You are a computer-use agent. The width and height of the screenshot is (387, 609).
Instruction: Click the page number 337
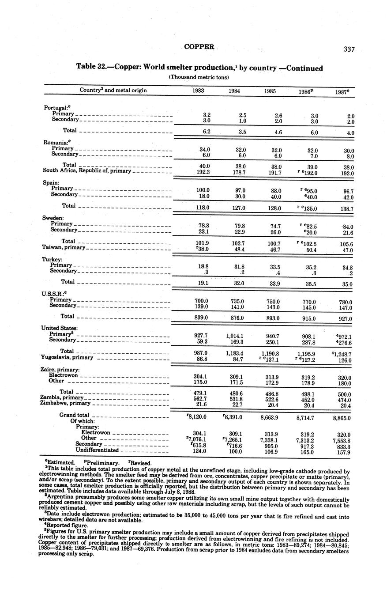(349, 49)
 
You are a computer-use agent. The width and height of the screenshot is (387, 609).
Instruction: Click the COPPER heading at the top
(199, 47)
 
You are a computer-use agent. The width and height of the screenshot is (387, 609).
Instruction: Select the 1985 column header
(271, 91)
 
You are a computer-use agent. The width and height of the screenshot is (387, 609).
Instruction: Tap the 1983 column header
(198, 91)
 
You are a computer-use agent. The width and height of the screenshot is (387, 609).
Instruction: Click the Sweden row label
(53, 218)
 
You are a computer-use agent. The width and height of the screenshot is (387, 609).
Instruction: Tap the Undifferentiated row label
(97, 450)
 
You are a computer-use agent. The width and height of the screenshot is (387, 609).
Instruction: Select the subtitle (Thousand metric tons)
(199, 77)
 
